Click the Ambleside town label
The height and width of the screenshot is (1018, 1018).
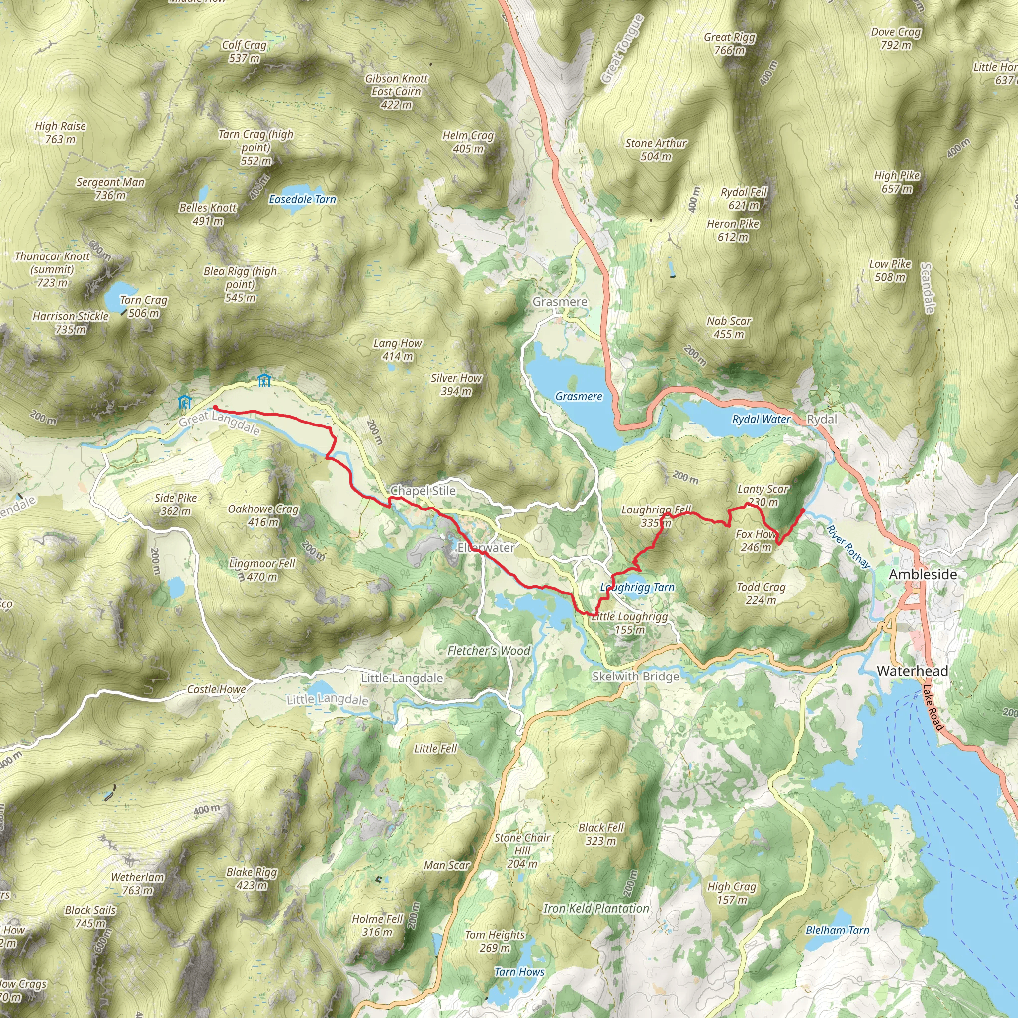coord(923,574)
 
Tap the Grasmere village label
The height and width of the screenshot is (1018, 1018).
coord(560,302)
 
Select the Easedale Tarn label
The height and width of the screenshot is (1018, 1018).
coord(302,200)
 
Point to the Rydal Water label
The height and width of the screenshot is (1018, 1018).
coord(761,420)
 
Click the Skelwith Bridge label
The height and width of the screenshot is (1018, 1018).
coord(635,677)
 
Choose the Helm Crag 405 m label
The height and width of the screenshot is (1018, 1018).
coord(468,142)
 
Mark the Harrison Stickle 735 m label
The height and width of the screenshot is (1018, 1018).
coord(71,323)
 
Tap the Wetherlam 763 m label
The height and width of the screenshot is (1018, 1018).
coord(138,884)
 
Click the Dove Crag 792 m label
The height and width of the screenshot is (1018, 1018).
coord(896,38)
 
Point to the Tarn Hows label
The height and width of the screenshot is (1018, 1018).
coord(519,972)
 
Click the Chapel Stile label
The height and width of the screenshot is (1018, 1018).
coord(423,491)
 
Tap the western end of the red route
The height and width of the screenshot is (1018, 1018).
coord(214,407)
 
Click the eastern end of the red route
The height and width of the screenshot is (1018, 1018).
coord(803,510)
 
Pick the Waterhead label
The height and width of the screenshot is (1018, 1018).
coord(912,671)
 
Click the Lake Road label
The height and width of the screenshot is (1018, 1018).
coord(933,707)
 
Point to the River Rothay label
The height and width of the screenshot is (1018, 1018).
coord(848,546)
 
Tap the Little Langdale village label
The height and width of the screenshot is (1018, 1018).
coord(402,678)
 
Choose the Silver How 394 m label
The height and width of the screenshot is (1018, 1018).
coord(456,384)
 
